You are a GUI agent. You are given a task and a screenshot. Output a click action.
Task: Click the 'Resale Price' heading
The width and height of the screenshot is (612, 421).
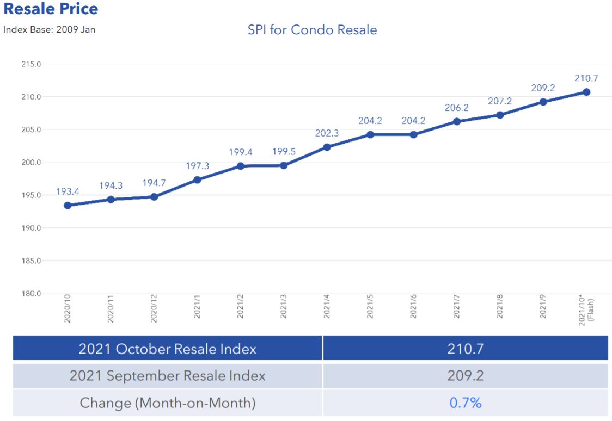click(51, 9)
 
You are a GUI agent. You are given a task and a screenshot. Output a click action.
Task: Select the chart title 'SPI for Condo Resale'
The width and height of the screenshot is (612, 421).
click(312, 29)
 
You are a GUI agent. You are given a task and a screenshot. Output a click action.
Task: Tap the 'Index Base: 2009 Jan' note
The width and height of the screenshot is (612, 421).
click(50, 29)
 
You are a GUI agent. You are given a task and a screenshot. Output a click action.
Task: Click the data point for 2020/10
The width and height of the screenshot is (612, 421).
click(68, 206)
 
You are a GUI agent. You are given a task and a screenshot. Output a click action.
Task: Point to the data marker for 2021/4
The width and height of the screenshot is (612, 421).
click(327, 147)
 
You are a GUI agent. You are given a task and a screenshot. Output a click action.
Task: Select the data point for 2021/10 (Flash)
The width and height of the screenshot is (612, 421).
click(586, 92)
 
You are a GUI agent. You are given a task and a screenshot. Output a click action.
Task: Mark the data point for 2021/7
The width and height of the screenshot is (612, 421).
click(457, 121)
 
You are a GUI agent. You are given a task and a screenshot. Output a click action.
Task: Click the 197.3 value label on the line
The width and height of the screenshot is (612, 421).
click(197, 165)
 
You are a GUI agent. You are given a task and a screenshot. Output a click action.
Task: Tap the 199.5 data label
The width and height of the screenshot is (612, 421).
click(284, 151)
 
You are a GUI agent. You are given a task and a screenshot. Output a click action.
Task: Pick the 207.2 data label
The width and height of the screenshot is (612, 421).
click(500, 101)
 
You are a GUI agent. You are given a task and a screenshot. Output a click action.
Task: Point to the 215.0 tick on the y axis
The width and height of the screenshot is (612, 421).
click(31, 64)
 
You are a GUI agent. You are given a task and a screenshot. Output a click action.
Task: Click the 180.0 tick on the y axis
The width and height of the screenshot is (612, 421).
click(31, 293)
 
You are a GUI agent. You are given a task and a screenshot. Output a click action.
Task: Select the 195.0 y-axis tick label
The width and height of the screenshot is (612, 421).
click(31, 195)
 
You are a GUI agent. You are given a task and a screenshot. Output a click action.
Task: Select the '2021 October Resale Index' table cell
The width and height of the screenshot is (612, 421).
click(167, 349)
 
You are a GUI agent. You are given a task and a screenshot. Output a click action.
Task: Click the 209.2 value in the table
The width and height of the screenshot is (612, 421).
click(465, 375)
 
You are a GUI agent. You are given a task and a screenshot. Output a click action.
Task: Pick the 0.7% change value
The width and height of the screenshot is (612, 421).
click(465, 403)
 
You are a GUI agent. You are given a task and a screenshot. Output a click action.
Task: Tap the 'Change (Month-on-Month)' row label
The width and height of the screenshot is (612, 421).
click(167, 403)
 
